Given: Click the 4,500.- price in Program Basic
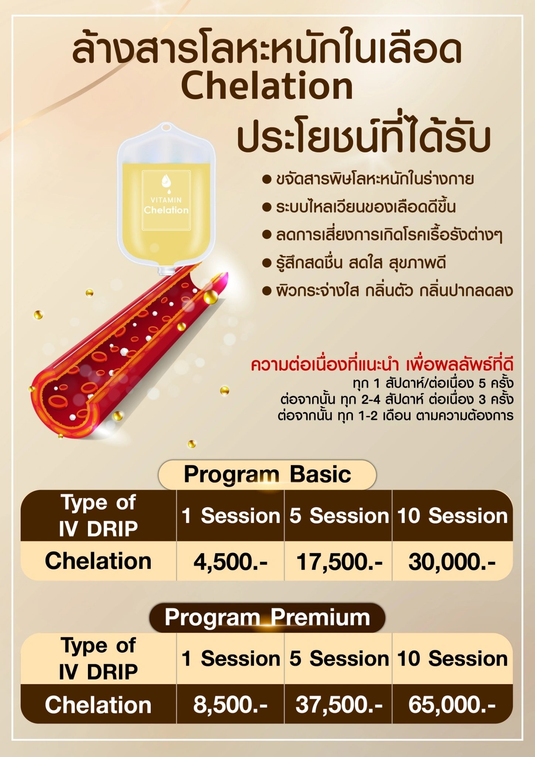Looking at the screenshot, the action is (231, 562).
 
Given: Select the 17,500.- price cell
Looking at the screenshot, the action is (340, 562).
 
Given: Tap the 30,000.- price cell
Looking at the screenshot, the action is (452, 562).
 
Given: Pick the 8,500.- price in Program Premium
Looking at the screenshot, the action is (231, 705).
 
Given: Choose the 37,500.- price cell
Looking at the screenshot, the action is (339, 705).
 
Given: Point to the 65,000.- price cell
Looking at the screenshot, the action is (452, 705).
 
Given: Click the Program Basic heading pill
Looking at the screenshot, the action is (267, 475).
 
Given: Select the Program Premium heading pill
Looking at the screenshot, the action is (267, 618).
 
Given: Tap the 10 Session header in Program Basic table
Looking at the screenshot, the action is (453, 516).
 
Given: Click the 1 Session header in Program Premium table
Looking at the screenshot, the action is (231, 659).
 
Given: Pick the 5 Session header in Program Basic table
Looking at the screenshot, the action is (339, 516).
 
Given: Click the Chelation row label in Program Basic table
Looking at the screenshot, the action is (98, 561).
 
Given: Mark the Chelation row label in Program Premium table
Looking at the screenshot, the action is (98, 705).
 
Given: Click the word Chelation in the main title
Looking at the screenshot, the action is (267, 86).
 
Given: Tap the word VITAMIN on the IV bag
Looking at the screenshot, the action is (166, 200).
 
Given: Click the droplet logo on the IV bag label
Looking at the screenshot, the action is (166, 183).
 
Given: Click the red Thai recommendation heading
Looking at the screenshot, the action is (382, 365).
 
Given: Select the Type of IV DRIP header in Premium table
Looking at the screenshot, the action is (98, 659).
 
